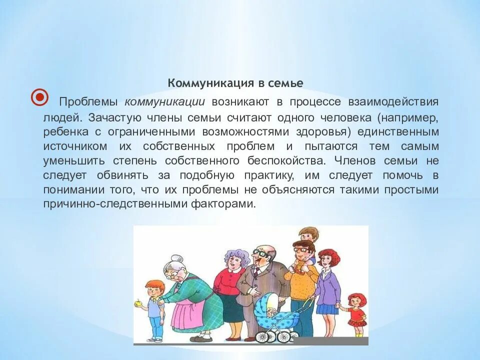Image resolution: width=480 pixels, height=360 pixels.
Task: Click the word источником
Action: [x=75, y=146]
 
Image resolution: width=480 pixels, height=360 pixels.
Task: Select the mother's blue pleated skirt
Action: [x=328, y=308]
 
